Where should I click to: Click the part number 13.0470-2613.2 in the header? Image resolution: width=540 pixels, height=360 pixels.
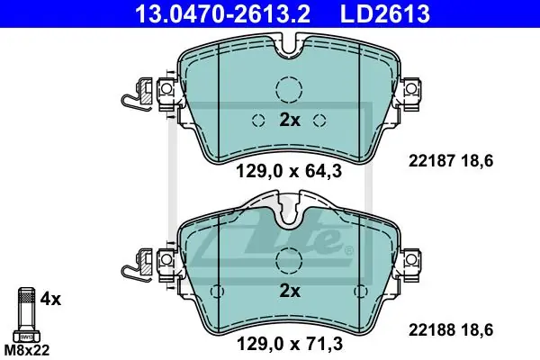click(x=223, y=13)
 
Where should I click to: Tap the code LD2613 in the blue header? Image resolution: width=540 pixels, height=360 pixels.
click(x=385, y=13)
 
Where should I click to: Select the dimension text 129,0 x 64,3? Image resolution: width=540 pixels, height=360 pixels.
click(x=289, y=171)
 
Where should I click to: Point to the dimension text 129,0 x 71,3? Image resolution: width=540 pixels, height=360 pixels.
click(x=289, y=344)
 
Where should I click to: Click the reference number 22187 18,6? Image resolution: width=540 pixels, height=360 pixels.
click(x=451, y=161)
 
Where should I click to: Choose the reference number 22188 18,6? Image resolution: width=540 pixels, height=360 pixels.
click(x=451, y=329)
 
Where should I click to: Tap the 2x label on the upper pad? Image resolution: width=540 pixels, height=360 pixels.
click(x=289, y=120)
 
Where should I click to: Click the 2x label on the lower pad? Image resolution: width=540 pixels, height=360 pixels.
click(x=289, y=291)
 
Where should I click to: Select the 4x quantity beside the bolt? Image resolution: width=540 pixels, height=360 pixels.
click(x=50, y=299)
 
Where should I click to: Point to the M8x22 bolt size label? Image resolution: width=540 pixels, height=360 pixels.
click(x=27, y=350)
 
